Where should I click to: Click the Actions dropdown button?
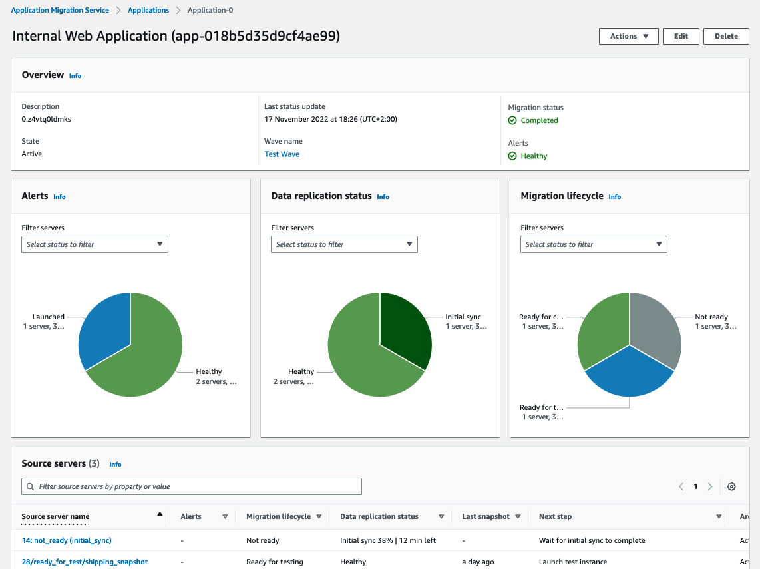point(628,36)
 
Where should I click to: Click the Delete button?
point(726,36)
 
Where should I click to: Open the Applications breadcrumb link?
point(148,10)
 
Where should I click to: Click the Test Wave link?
point(282,154)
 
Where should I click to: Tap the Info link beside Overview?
point(75,76)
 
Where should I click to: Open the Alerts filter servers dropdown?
point(95,244)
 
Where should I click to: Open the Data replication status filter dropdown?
point(344,244)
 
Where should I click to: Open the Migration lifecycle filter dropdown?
point(594,244)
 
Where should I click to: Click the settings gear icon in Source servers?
point(731,486)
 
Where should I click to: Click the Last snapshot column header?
point(486,516)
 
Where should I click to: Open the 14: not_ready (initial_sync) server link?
point(67,540)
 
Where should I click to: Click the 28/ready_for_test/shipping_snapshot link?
point(85,562)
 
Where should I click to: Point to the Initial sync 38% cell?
point(387,540)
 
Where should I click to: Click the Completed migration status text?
point(539,120)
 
